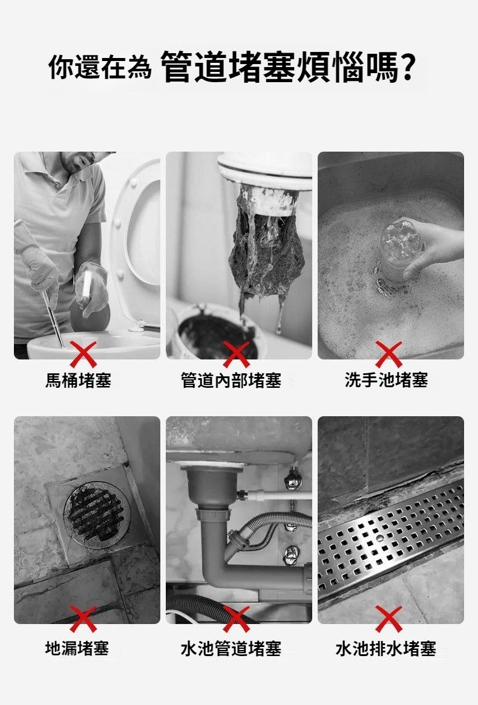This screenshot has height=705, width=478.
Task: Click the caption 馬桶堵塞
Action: [78, 381]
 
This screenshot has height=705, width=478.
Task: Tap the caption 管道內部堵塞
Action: [231, 381]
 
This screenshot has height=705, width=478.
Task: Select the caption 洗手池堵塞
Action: [386, 381]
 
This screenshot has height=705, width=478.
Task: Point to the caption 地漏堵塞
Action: [77, 648]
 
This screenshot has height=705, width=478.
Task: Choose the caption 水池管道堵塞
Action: [231, 648]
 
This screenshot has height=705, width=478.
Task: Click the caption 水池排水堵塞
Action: [386, 648]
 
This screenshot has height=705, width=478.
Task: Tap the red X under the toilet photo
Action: [83, 354]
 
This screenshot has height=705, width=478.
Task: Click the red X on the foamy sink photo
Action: [389, 354]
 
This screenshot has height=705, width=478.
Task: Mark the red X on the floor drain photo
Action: [83, 619]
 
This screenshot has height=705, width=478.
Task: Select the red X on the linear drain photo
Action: [389, 619]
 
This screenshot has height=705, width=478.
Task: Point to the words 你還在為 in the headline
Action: [100, 68]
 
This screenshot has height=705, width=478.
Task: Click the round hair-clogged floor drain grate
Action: [96, 513]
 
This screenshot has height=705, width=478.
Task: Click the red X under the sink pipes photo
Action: [236, 619]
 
